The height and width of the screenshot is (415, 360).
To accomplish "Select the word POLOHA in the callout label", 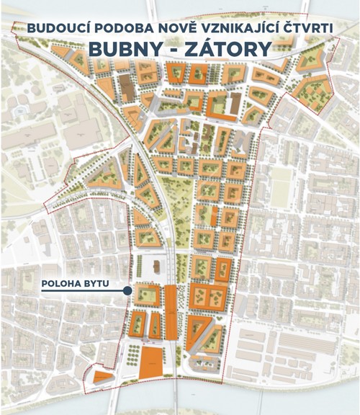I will pos(61,283).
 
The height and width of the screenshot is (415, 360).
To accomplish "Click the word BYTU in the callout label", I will pos(96,283).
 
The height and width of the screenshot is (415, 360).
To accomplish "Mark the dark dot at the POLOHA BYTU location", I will pos(127,291).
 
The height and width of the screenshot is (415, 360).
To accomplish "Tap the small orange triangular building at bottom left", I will pos(102,375).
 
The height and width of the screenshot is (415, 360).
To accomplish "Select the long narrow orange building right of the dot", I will pos(171,311).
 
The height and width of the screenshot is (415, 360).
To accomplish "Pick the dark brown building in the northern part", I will pos(126,89).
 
